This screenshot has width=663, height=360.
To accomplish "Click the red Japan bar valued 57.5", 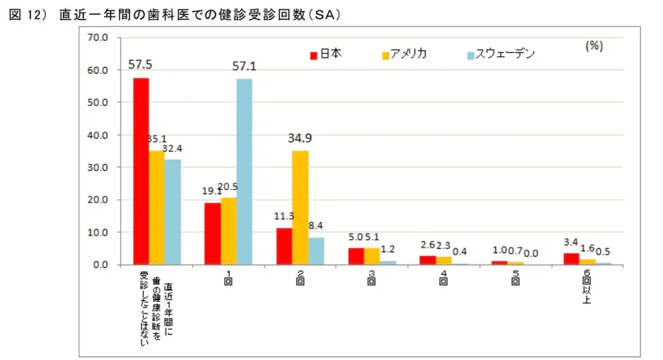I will point(141,171).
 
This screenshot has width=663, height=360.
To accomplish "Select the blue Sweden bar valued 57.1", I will point(244,172).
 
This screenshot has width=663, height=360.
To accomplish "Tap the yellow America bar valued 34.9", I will point(300,207).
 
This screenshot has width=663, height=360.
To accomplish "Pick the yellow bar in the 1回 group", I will point(229,231).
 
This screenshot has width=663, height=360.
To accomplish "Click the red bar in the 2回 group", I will point(284,246).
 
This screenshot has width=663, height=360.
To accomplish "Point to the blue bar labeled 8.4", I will point(316,251).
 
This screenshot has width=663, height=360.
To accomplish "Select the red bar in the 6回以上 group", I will point(571,259).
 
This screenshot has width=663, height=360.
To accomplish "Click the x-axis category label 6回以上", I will point(587,286).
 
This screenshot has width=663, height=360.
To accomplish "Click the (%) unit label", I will point(594,46).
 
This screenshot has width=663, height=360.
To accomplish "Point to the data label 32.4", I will point(172,148).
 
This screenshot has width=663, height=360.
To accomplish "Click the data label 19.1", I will point(212,192).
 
